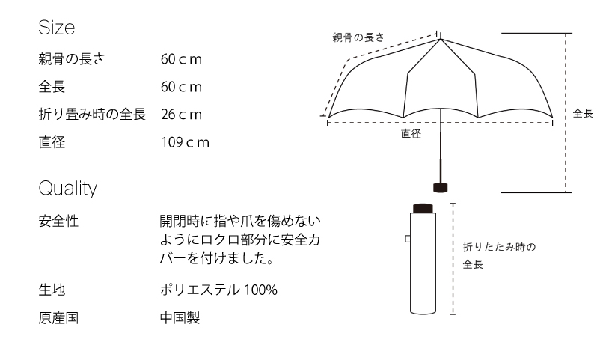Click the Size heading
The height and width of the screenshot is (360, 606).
[57, 28]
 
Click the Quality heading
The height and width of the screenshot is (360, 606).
[68, 189]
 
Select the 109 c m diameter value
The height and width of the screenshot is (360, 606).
[185, 141]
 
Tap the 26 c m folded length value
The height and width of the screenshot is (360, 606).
[181, 114]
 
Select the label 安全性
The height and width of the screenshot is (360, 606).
[58, 222]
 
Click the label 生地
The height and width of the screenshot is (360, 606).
[52, 290]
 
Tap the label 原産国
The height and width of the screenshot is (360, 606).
[58, 317]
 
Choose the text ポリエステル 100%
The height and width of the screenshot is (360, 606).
[218, 290]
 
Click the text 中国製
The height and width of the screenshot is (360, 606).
[180, 317]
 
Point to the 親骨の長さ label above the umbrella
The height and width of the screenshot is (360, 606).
[358, 37]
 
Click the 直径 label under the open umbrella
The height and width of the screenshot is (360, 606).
[411, 134]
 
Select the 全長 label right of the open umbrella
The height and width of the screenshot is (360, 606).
[583, 113]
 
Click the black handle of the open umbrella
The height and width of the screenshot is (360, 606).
[441, 187]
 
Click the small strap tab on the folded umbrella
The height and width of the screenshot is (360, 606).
[408, 240]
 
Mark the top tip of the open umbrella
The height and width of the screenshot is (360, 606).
[441, 34]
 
